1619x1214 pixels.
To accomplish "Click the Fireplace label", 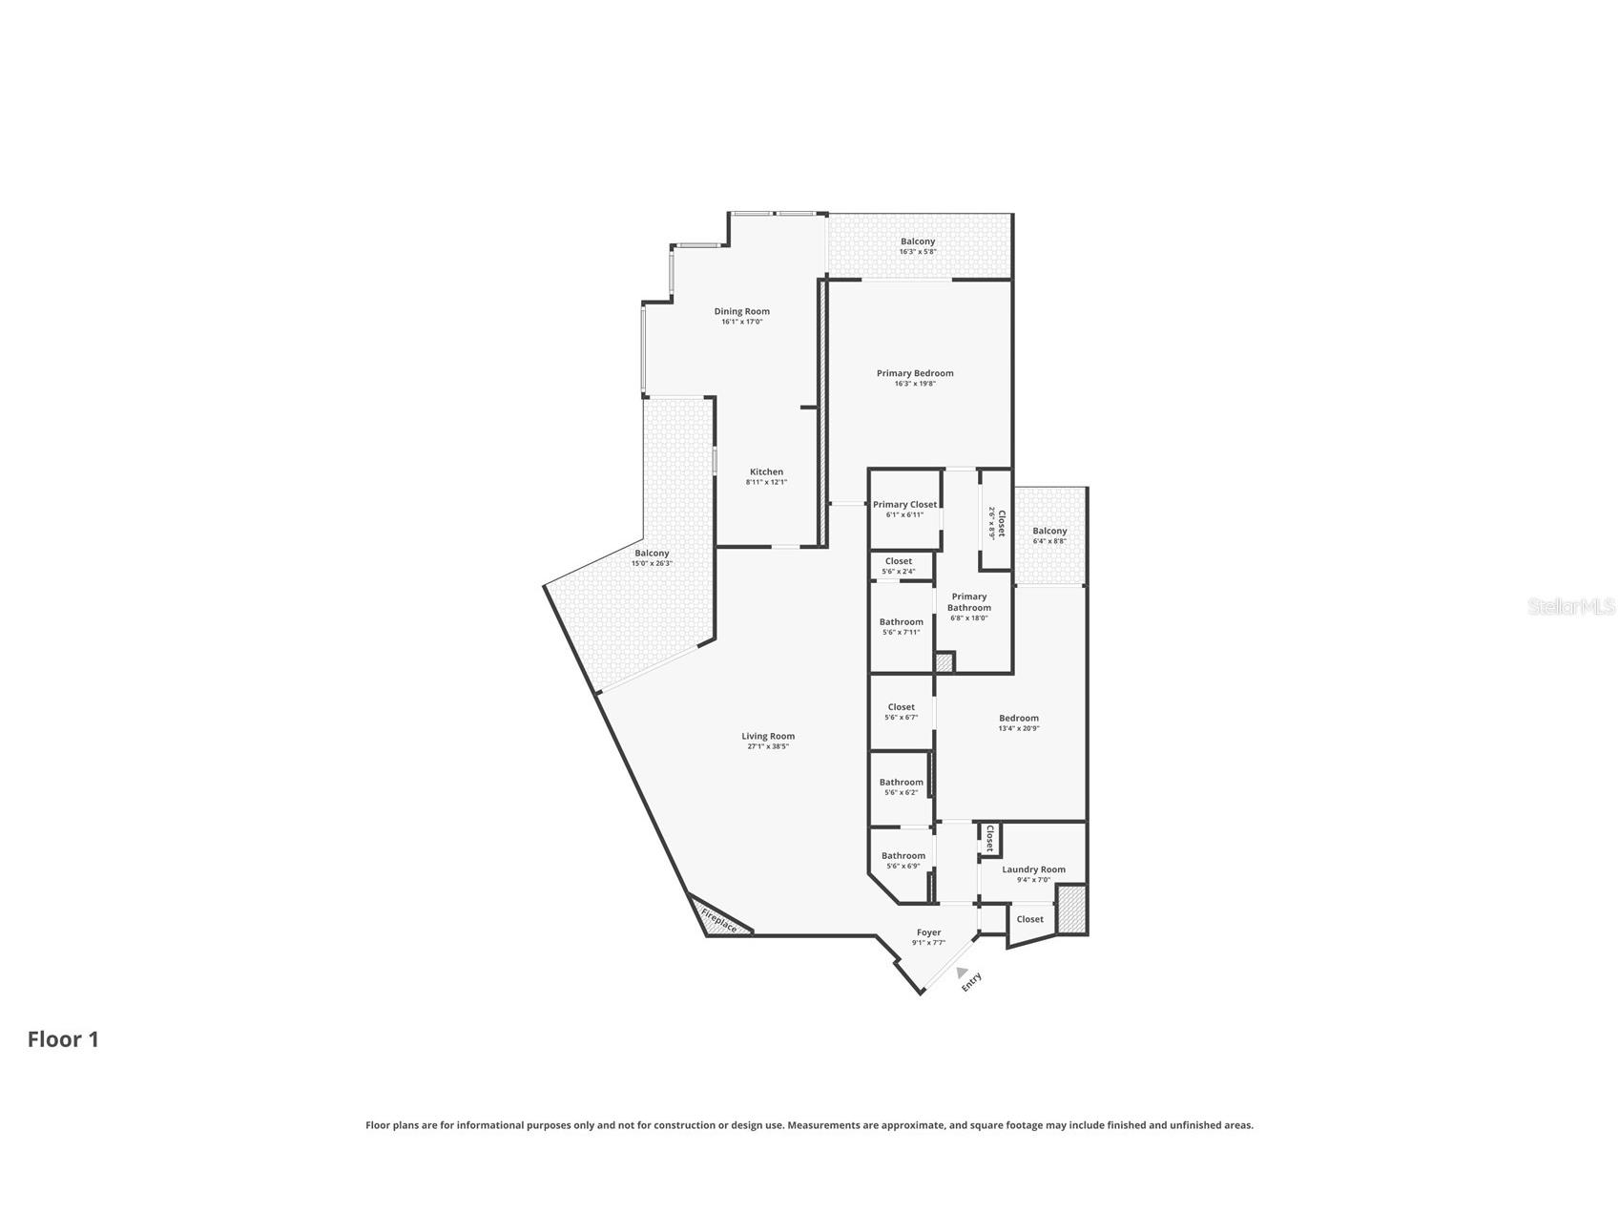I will [x=719, y=920].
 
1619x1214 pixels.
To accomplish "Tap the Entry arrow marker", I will [x=962, y=971].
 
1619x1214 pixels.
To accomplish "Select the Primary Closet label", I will [x=904, y=504].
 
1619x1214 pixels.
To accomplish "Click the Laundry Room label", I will [x=1033, y=869].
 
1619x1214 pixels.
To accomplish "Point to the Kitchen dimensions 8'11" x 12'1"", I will [x=766, y=483].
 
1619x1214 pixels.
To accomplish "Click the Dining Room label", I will [x=741, y=311].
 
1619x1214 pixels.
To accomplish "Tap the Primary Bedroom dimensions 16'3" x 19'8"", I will [x=915, y=384].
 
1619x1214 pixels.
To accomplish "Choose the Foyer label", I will [x=928, y=932].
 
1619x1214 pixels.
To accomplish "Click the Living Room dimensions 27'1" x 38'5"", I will [x=768, y=746].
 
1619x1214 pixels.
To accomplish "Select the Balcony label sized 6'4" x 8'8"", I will [x=1049, y=531].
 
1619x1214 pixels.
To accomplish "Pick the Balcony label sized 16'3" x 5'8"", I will [x=918, y=241].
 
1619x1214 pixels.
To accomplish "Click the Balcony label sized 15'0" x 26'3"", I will [x=652, y=553].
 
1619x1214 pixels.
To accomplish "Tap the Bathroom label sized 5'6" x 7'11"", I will [x=902, y=621].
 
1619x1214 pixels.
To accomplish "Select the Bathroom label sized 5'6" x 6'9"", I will [x=903, y=855].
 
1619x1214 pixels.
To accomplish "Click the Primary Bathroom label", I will [x=969, y=602].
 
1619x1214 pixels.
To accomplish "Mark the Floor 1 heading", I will [x=63, y=1039].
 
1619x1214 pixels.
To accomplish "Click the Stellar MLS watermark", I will [x=1571, y=606].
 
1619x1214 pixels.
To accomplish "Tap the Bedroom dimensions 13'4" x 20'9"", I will [x=1019, y=728].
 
